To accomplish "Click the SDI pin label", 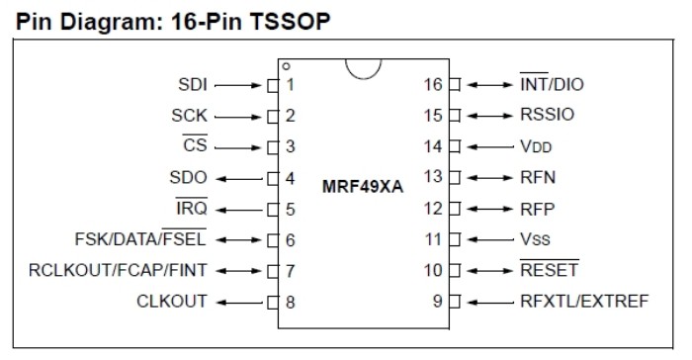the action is tap(193, 84).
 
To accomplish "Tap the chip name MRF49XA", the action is tap(363, 187).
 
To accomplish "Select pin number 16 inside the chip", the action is tap(433, 84).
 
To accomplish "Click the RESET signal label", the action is tap(549, 270).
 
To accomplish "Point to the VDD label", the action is tap(536, 146).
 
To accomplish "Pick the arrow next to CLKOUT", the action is tap(239, 303).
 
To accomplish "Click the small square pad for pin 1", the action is tap(273, 85).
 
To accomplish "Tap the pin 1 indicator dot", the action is tap(286, 66).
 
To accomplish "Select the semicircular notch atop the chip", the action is tap(363, 77).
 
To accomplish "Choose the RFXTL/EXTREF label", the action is tap(584, 302).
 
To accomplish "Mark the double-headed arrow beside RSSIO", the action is tap(490, 116).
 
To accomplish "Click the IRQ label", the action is tap(192, 208).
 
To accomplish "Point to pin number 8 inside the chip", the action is tap(290, 302).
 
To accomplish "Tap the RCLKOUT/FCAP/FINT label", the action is tap(118, 270).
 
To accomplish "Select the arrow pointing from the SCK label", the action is tap(238, 117).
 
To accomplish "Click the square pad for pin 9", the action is tap(455, 302).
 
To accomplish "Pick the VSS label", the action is tap(535, 239).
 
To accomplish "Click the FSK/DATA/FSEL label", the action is tap(140, 239).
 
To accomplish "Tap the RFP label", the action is tap(537, 209).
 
